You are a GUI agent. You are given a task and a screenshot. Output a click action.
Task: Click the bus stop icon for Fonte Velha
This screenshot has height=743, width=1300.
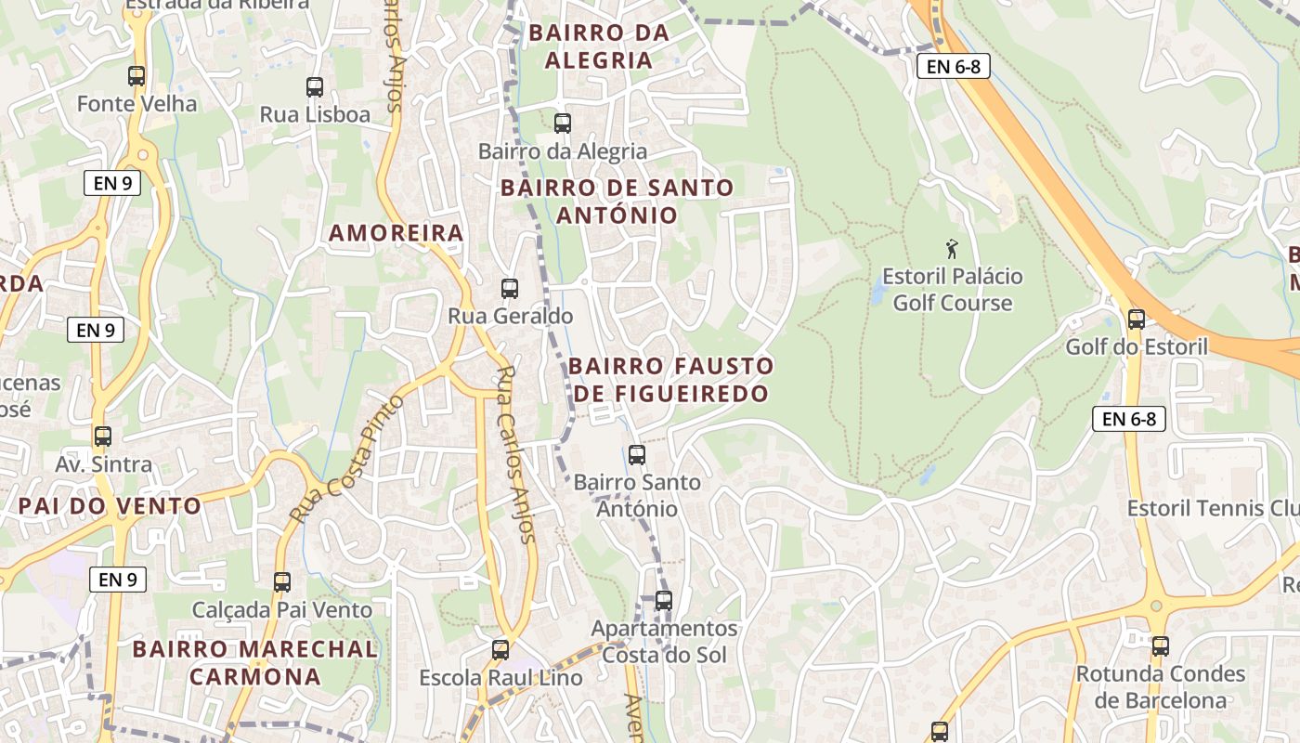point(136,76)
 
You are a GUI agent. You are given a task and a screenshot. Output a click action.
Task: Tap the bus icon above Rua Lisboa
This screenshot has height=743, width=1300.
point(315,87)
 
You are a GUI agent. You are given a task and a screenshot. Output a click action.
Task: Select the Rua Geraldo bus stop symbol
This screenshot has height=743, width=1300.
point(509,289)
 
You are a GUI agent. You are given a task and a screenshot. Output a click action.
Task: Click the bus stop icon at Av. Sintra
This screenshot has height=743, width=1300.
point(103,437)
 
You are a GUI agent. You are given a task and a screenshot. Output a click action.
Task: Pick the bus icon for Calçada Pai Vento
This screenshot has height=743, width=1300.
point(281,582)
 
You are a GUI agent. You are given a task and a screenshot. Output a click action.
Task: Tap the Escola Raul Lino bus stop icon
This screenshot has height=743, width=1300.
point(500,650)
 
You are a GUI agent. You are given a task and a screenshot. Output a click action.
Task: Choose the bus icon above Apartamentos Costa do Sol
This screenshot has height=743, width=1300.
point(663,601)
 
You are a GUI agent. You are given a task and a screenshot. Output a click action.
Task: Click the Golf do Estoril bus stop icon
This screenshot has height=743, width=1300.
point(1136,319)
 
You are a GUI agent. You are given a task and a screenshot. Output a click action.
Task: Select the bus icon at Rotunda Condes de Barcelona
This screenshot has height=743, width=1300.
point(1160,646)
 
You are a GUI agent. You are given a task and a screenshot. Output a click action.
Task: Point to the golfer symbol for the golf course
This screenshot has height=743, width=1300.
point(951,249)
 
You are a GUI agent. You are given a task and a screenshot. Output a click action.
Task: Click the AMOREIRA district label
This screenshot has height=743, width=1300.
point(396,233)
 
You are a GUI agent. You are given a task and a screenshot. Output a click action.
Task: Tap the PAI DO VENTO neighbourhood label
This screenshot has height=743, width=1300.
point(110,506)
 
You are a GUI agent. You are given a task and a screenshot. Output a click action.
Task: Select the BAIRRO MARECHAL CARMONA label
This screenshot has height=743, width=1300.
point(255,662)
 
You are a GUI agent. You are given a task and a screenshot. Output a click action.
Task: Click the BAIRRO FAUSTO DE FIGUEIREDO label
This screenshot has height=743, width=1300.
point(670,379)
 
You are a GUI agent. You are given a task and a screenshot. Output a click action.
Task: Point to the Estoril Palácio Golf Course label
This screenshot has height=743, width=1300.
point(952,290)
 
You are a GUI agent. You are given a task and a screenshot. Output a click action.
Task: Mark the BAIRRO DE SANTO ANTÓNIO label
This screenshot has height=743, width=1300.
point(617,201)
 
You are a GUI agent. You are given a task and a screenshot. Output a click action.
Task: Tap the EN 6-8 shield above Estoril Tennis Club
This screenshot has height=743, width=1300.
point(1128,419)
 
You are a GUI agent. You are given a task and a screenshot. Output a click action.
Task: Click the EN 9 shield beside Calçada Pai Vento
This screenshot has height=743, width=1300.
point(118,580)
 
